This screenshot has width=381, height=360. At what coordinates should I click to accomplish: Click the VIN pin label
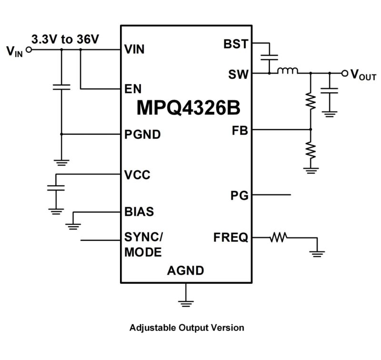tap(134, 49)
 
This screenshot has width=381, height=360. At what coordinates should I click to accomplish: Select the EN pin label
tap(132, 89)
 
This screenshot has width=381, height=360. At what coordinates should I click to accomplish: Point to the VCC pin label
tap(137, 175)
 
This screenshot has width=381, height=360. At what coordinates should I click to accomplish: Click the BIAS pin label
tap(139, 211)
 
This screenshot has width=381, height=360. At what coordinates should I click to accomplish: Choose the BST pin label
tap(236, 44)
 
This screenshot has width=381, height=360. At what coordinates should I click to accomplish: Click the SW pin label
tap(238, 74)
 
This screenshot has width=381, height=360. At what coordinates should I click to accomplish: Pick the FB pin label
tap(240, 130)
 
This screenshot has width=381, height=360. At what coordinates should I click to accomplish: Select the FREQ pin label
tap(231, 237)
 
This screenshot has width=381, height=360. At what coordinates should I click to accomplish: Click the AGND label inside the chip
tap(186, 271)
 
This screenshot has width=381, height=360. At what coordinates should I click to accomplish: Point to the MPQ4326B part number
tap(189, 108)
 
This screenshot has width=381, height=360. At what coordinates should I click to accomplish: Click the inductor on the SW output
tap(288, 71)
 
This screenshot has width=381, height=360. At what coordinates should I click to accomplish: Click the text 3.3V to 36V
tap(65, 39)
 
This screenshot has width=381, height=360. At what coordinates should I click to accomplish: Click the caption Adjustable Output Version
tap(187, 328)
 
